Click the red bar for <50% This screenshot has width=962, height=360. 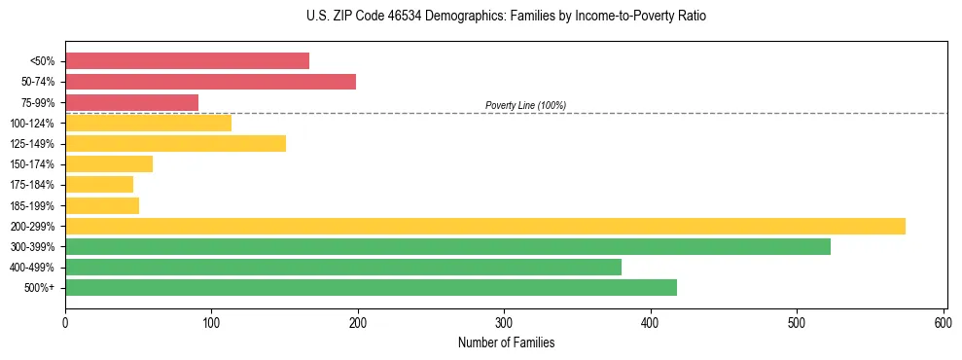click(187, 61)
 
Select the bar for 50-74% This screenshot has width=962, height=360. click(210, 82)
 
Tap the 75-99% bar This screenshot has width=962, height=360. click(131, 102)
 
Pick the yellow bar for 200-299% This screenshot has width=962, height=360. click(484, 226)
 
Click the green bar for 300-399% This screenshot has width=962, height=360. click(447, 246)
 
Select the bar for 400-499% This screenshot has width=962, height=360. click(342, 267)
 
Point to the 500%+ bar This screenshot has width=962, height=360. click(371, 287)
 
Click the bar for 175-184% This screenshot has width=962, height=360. click(99, 184)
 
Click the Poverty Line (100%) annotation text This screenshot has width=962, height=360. click(525, 105)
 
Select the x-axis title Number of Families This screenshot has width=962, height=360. click(506, 342)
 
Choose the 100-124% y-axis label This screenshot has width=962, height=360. click(32, 124)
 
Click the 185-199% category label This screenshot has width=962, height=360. click(32, 205)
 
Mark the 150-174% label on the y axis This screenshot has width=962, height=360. click(32, 164)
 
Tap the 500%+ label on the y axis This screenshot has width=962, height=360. click(39, 288)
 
